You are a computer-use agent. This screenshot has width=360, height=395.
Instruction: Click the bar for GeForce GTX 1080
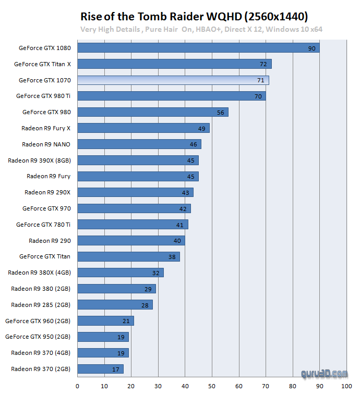[198, 48]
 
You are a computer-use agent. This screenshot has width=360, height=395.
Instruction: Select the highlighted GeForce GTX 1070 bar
[173, 80]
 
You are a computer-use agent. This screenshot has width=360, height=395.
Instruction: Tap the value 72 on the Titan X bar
[263, 64]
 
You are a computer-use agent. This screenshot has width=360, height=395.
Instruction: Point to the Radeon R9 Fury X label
[46, 128]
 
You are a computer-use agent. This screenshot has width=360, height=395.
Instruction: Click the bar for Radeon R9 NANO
[139, 144]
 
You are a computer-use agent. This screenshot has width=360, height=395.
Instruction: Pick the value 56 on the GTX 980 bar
[220, 112]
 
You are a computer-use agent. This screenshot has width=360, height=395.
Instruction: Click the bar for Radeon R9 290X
[135, 192]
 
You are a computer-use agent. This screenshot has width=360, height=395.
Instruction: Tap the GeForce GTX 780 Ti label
[43, 225]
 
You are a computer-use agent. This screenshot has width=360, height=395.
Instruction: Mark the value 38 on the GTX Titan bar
[172, 256]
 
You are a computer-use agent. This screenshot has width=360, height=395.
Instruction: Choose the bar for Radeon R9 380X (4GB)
[120, 273]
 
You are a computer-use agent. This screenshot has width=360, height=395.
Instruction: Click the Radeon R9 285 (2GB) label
[41, 304]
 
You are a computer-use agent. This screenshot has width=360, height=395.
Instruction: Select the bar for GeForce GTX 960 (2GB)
[105, 320]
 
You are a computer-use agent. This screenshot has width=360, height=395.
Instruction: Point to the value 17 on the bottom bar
[115, 369]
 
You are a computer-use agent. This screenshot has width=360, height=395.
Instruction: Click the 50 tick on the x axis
[212, 386]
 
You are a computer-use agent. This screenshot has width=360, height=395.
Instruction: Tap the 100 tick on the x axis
[346, 386]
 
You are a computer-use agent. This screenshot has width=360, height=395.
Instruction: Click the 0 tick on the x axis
[77, 386]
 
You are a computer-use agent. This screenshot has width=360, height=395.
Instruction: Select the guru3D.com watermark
[324, 374]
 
